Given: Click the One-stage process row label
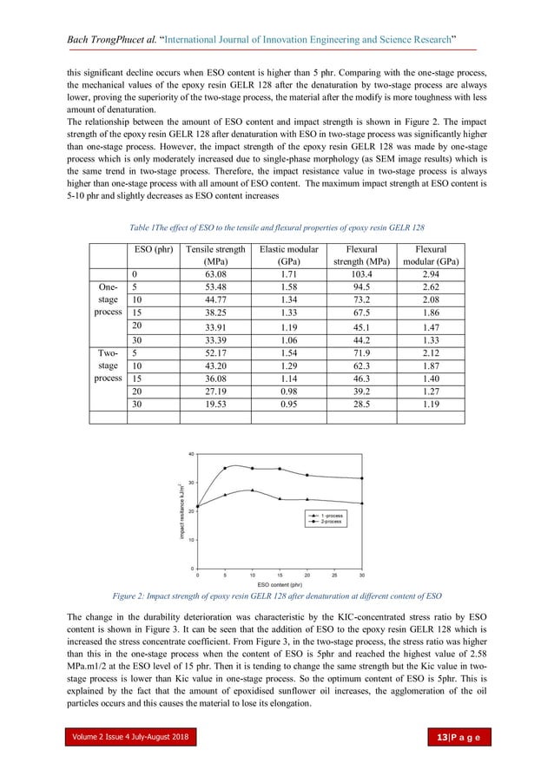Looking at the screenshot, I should tap(109, 299).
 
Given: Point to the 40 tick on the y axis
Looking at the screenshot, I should tap(190, 453).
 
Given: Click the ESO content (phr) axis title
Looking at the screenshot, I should tap(279, 560).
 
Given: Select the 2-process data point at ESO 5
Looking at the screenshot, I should tap(225, 468).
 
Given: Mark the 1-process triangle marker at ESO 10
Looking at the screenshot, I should tap(252, 490).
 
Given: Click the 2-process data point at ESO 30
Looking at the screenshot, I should tap(362, 478).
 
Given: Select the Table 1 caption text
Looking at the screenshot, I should tap(277, 226).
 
